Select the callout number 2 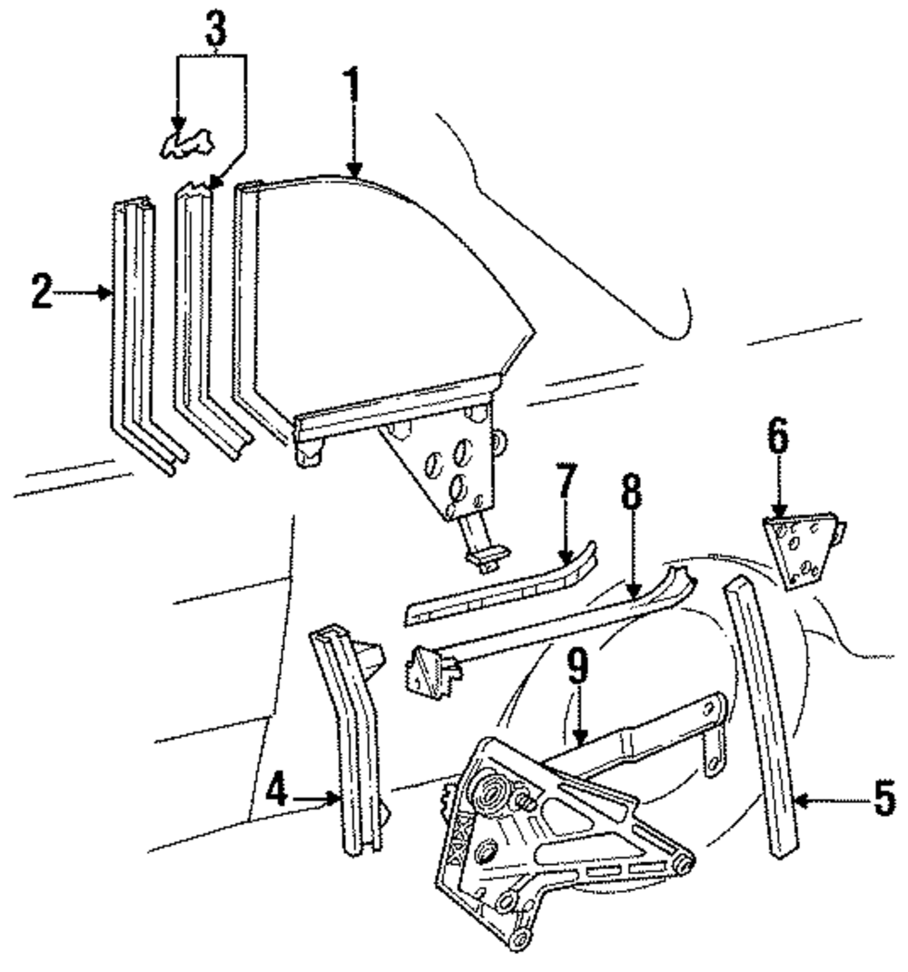click(41, 293)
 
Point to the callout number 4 click(277, 796)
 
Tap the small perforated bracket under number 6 click(800, 548)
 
